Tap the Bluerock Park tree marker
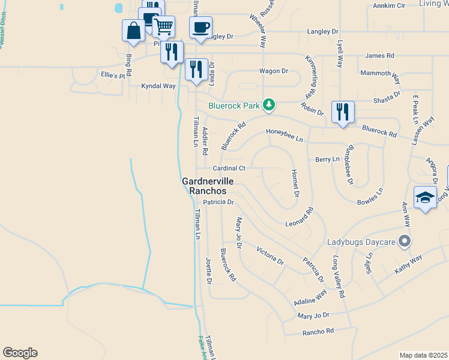pyautogui.click(x=270, y=106)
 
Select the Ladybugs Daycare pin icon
pyautogui.click(x=405, y=242)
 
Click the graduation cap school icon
pyautogui.click(x=425, y=197)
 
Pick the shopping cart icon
pyautogui.click(x=163, y=26)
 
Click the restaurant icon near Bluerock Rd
pyautogui.click(x=343, y=112)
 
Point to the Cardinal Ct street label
pyautogui.click(x=229, y=169)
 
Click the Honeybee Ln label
pyautogui.click(x=285, y=135)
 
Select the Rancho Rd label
pyautogui.click(x=318, y=331)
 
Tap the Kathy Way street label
pyautogui.click(x=408, y=264)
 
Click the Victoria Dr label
pyautogui.click(x=270, y=255)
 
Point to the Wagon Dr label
pyautogui.click(x=274, y=71)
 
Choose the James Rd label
pyautogui.click(x=379, y=56)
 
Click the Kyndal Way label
pyautogui.click(x=158, y=86)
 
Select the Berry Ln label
pyautogui.click(x=327, y=160)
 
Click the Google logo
pyautogui.click(x=20, y=353)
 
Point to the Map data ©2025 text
pyautogui.click(x=423, y=355)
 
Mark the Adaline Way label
pyautogui.click(x=310, y=297)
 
